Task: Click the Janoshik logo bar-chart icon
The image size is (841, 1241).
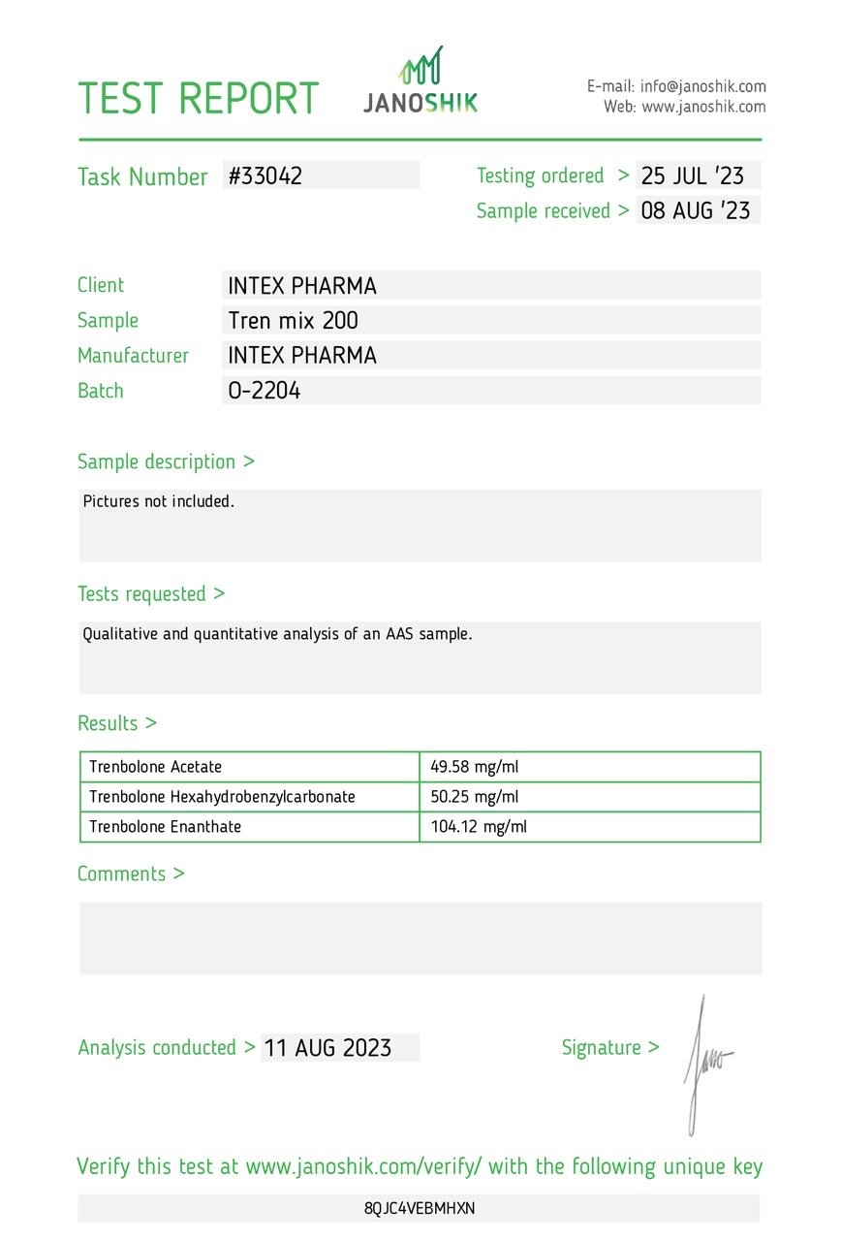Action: (421, 65)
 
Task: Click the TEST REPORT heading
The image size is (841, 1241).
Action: (198, 99)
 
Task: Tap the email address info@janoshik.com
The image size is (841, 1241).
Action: (702, 86)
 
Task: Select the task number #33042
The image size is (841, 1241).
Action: (265, 175)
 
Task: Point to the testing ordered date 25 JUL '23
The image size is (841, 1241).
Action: (693, 175)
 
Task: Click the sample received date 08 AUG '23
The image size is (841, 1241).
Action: (696, 210)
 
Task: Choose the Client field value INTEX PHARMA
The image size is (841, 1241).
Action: (302, 286)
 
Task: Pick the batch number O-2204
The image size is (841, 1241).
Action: (264, 391)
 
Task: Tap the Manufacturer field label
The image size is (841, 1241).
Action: (133, 356)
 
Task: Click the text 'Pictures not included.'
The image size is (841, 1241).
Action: (159, 502)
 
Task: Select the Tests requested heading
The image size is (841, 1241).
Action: (150, 593)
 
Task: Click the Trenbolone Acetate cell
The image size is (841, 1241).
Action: (156, 767)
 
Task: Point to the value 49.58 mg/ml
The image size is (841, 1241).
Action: (475, 767)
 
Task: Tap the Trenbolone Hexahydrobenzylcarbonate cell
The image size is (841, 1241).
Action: (222, 797)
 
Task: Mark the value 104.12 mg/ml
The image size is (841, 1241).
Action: (479, 827)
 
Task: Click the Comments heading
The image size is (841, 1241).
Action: (130, 874)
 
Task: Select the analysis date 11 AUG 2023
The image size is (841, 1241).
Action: (327, 1048)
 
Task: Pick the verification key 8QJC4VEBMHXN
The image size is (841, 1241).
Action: (420, 1208)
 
